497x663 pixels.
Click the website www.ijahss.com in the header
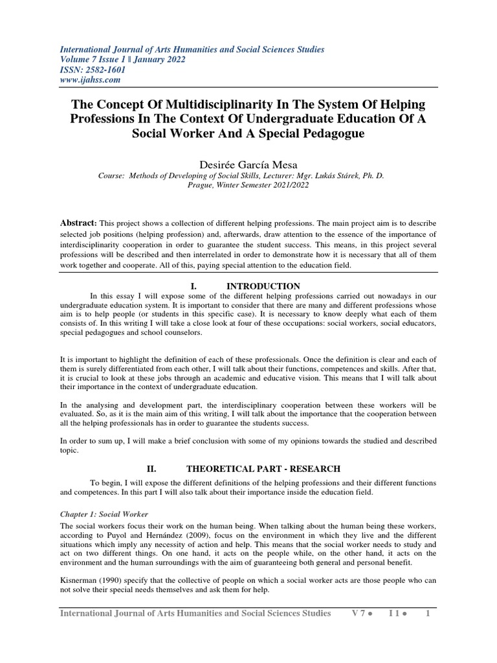[x=90, y=80]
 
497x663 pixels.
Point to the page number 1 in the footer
[x=428, y=612]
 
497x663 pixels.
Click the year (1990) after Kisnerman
[x=119, y=581]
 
